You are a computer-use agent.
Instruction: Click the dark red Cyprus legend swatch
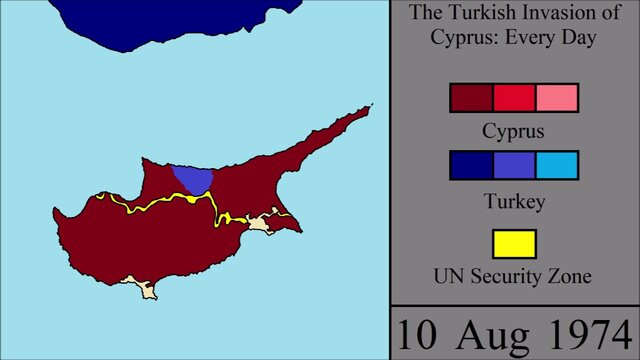[472, 98]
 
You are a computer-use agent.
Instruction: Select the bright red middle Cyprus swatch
[514, 98]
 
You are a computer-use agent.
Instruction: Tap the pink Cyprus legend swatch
[557, 98]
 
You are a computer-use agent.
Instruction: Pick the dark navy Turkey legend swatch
[472, 165]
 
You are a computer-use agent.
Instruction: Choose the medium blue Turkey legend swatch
[514, 165]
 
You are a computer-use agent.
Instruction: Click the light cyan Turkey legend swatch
[557, 165]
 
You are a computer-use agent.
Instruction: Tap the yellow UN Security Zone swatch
[514, 244]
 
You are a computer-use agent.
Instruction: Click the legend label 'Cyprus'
[514, 130]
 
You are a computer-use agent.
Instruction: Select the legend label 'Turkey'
[514, 202]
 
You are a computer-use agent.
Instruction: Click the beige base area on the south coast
[148, 290]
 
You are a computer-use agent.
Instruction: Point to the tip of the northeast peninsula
[371, 105]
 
